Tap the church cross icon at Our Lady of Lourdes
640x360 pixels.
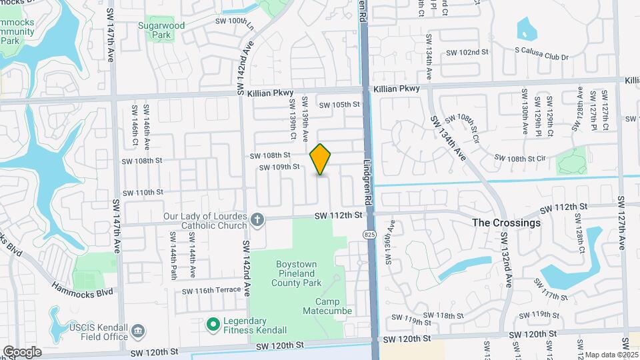pos(258,218)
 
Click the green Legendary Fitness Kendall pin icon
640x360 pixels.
pos(213,325)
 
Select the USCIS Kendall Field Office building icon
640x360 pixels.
pos(138,331)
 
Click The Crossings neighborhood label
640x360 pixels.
pos(506,223)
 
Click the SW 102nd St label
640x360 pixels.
pos(467,52)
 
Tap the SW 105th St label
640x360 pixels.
pos(339,105)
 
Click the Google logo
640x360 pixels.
pos(22,352)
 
